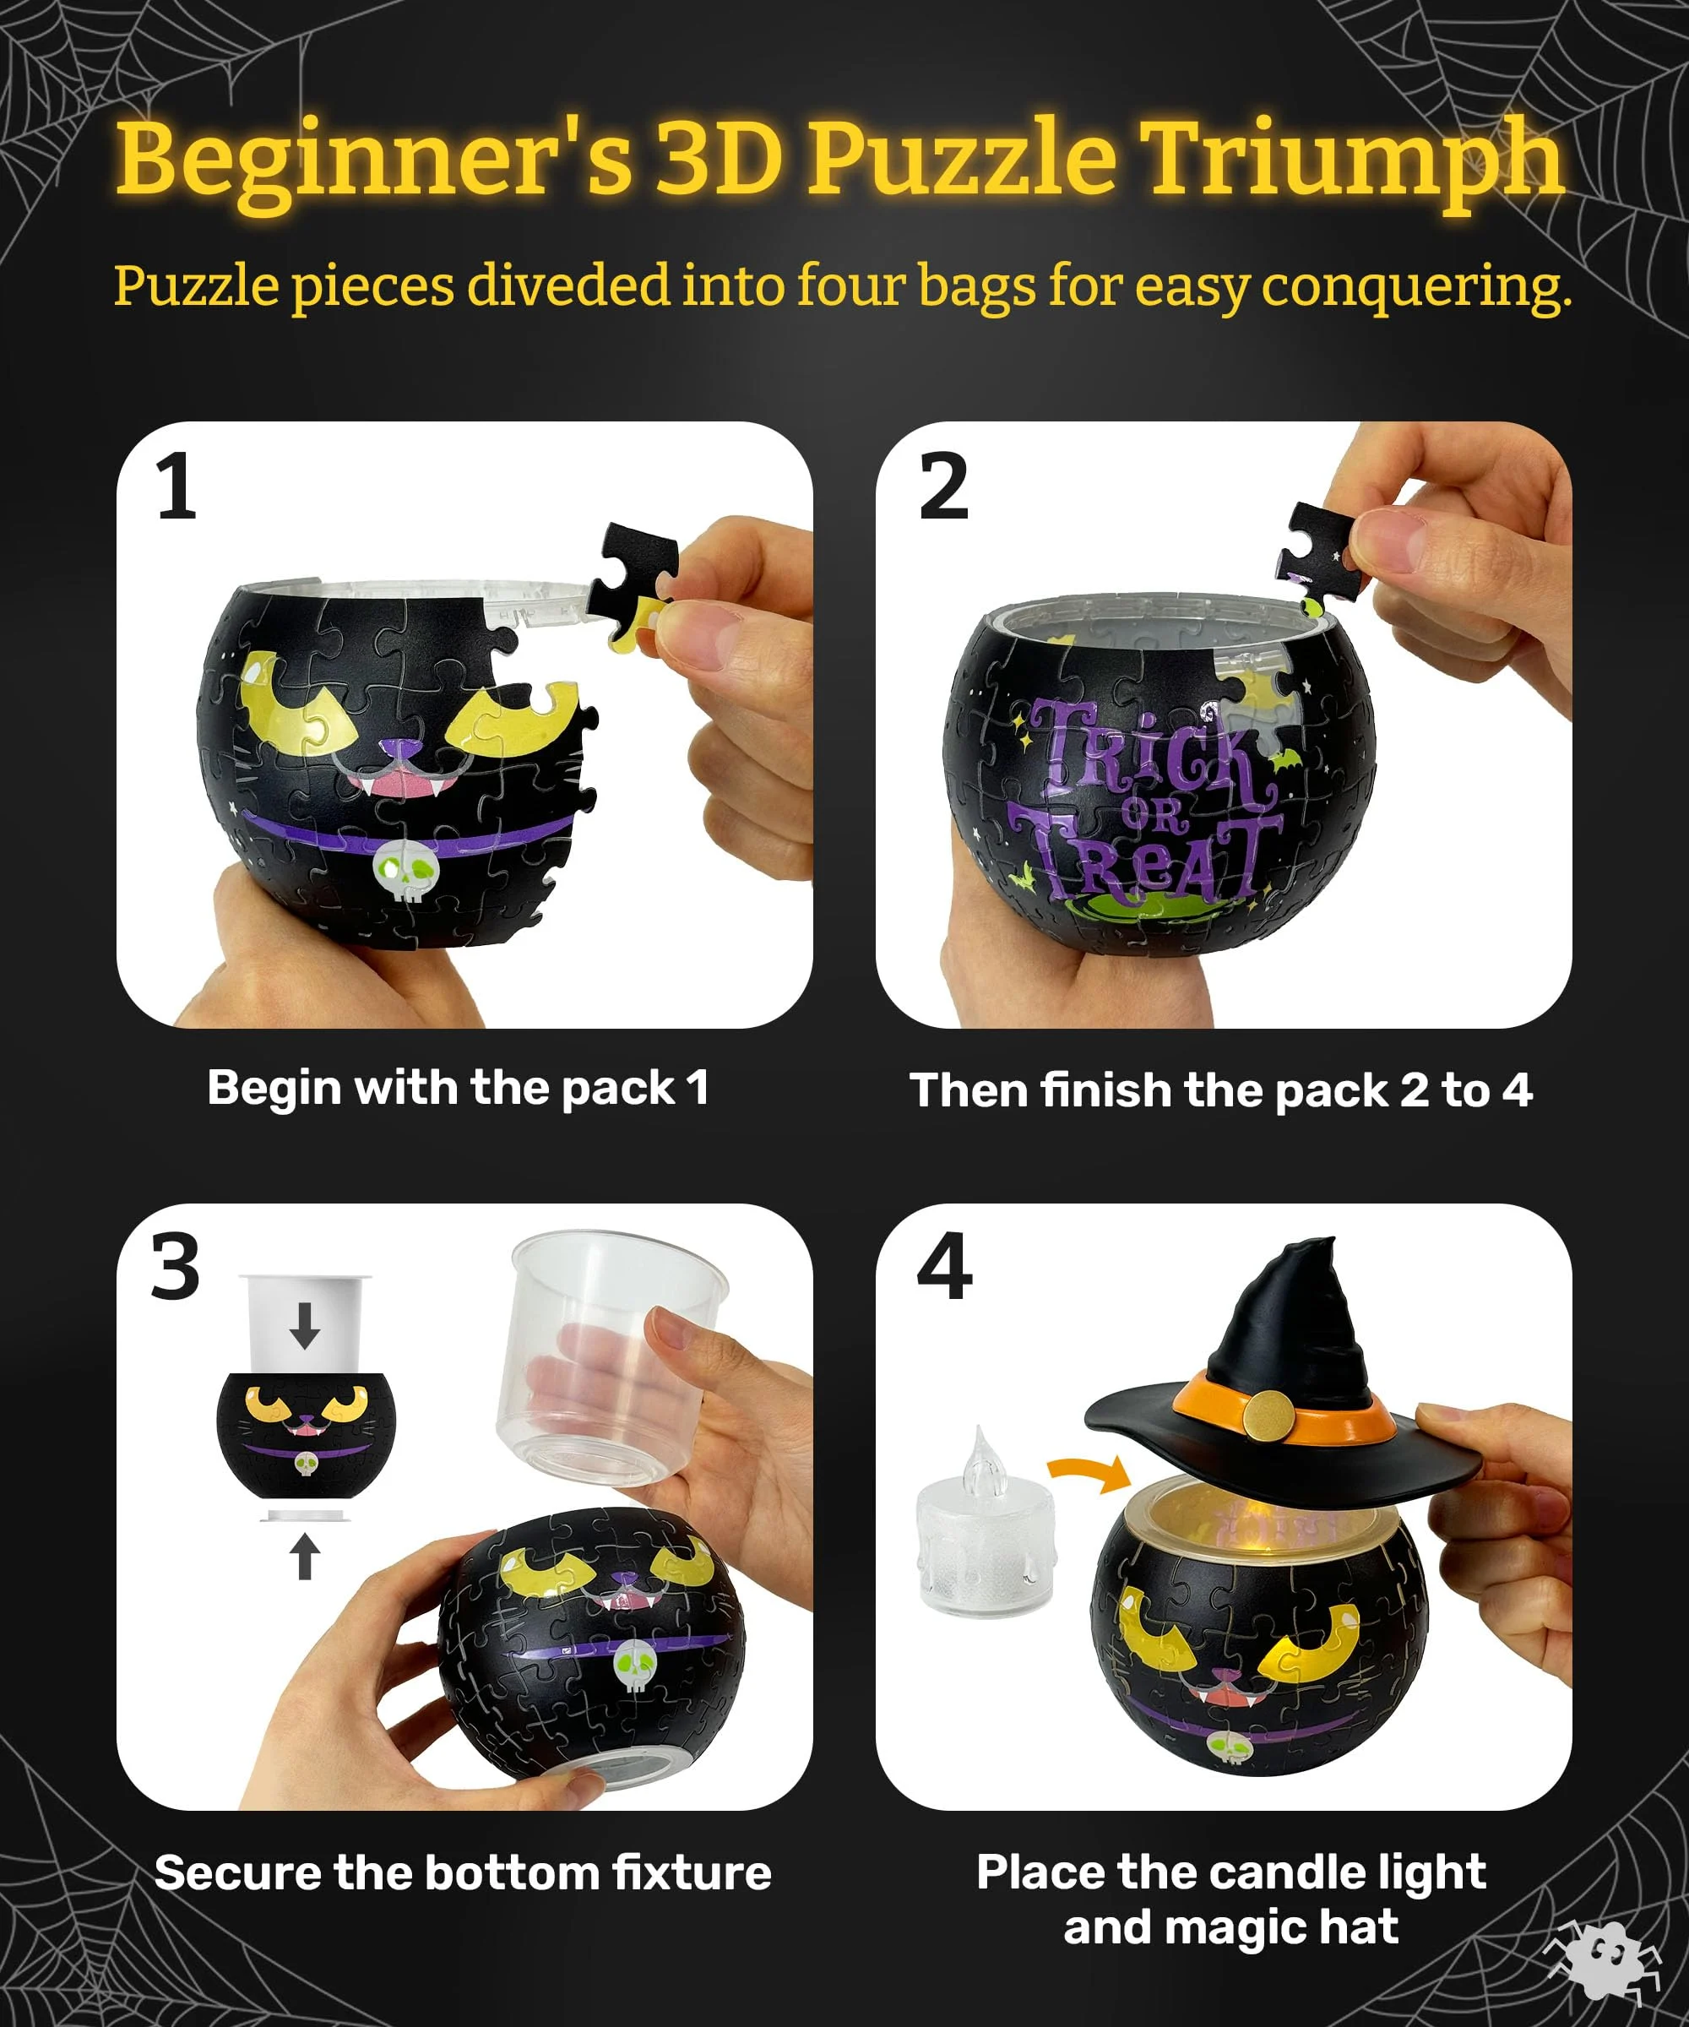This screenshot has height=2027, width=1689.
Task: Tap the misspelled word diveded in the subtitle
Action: (x=568, y=286)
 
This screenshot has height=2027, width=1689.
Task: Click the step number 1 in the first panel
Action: (x=176, y=487)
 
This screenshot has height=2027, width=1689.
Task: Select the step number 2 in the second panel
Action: (x=943, y=487)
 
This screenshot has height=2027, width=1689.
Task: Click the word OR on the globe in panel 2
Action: (x=1150, y=818)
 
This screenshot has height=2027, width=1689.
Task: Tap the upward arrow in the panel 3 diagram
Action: (x=305, y=1556)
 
